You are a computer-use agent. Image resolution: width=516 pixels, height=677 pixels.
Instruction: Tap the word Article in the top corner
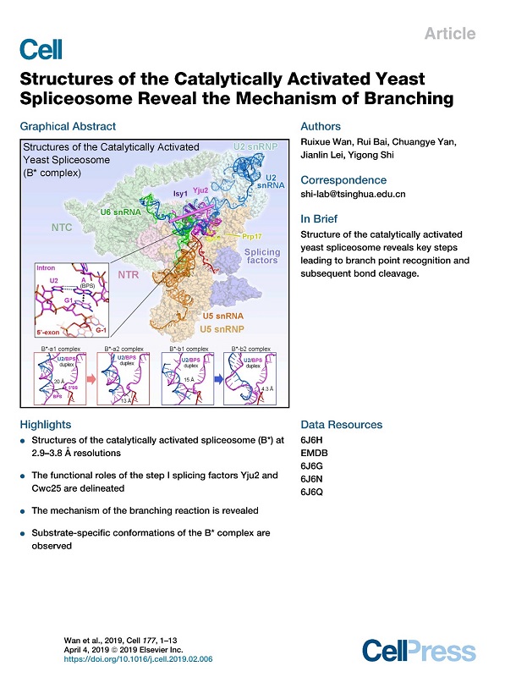tap(452, 35)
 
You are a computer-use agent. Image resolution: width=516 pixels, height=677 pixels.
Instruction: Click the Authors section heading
tap(321, 127)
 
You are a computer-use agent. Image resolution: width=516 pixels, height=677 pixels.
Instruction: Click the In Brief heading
tap(320, 218)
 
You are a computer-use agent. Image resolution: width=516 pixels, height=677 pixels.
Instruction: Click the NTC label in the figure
tap(62, 228)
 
